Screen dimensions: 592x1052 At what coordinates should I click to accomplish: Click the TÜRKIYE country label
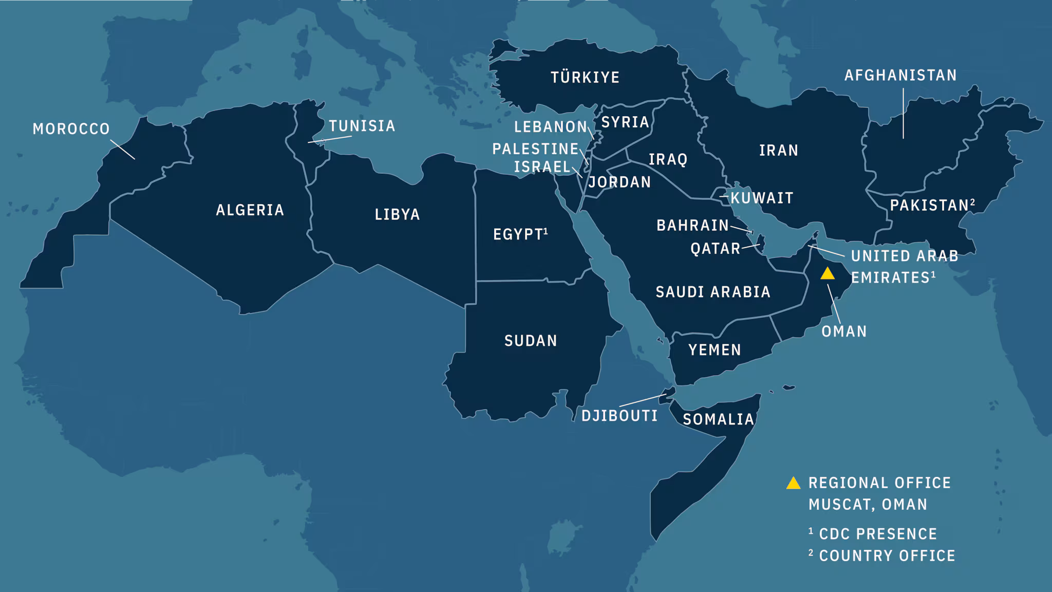click(585, 78)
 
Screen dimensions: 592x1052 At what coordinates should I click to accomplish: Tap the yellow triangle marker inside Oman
click(828, 274)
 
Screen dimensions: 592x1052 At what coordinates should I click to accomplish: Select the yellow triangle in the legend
click(794, 483)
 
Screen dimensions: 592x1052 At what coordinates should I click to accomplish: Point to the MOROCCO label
click(71, 128)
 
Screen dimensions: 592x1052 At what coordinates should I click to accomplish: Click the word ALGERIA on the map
click(250, 210)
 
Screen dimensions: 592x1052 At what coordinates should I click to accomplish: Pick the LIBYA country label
click(397, 214)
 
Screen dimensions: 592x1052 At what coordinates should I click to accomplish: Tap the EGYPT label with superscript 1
click(519, 234)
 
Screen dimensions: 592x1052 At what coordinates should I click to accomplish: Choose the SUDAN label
click(531, 341)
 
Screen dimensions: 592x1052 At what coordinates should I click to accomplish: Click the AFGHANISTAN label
click(900, 76)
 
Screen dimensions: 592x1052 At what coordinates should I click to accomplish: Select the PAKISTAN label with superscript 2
click(931, 205)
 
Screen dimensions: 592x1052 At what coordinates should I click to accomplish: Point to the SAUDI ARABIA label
click(713, 292)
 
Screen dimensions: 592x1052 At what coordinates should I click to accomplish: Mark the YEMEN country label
click(715, 350)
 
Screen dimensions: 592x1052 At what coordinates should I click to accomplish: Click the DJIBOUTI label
click(619, 416)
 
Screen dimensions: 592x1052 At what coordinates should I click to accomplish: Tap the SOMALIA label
click(718, 419)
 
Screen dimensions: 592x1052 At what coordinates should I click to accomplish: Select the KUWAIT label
click(762, 198)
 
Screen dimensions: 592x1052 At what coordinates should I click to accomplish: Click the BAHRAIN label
click(692, 225)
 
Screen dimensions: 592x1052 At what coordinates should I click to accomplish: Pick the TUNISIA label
click(362, 126)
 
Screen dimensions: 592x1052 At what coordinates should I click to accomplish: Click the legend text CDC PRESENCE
click(878, 534)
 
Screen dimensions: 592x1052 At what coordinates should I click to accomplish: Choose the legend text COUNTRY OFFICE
click(887, 556)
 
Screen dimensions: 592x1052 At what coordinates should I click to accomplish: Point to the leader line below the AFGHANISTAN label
click(904, 113)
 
